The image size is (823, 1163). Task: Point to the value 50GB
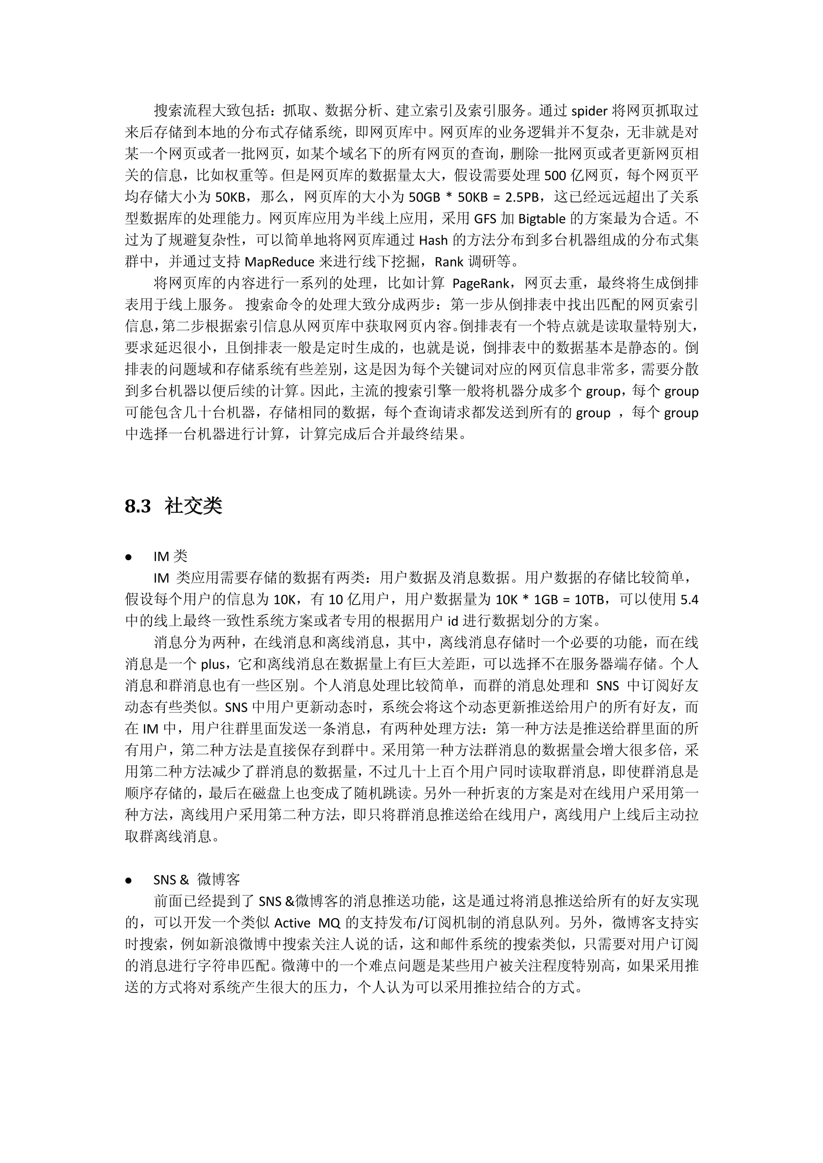[x=424, y=197]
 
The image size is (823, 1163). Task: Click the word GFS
[x=485, y=219]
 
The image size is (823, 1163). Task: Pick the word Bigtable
[x=542, y=219]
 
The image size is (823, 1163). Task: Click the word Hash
[x=433, y=240]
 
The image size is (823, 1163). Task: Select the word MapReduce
[x=279, y=262]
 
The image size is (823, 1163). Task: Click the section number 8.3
[x=138, y=506]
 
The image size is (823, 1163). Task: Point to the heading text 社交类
[x=193, y=506]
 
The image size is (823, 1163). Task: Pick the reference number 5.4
[x=689, y=600]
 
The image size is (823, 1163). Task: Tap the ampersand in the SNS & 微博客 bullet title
[x=184, y=880]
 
